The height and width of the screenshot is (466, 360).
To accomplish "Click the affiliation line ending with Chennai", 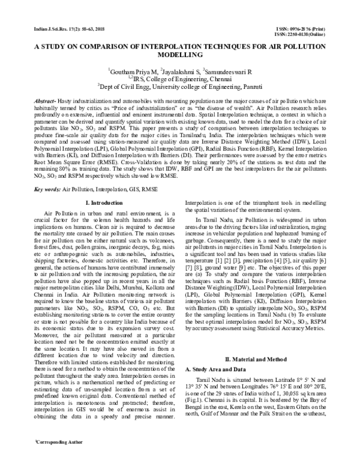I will point(179,78).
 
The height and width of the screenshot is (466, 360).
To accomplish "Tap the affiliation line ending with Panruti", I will point(179,86).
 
